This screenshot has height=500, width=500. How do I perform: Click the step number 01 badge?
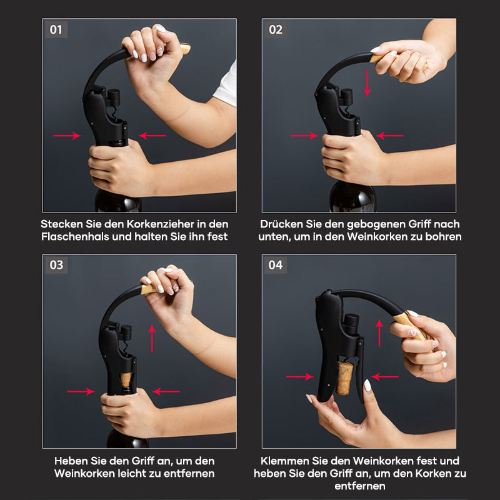(56, 29)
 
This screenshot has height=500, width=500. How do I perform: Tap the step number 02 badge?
(276, 29)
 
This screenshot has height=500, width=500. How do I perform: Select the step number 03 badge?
(56, 265)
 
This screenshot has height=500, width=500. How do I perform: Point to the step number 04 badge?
(276, 265)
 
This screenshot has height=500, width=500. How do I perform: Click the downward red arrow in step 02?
(367, 83)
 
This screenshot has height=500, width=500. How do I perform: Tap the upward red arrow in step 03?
(152, 338)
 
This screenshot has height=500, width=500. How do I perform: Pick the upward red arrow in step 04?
(379, 332)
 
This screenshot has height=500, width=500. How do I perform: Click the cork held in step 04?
(344, 378)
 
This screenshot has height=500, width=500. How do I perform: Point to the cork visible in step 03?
(126, 379)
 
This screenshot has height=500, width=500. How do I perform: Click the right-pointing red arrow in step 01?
(67, 136)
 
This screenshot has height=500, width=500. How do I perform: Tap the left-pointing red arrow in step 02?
(389, 136)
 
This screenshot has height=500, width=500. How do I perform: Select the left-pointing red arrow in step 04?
(385, 377)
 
